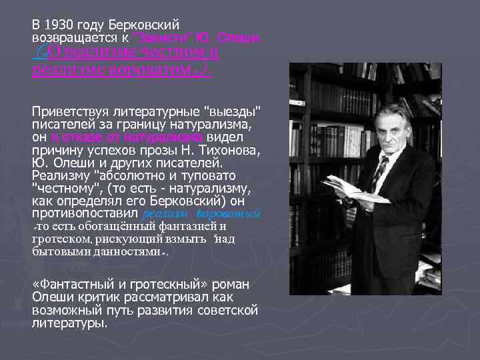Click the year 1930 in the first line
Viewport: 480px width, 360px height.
57,25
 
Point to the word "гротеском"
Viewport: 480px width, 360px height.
61,239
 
